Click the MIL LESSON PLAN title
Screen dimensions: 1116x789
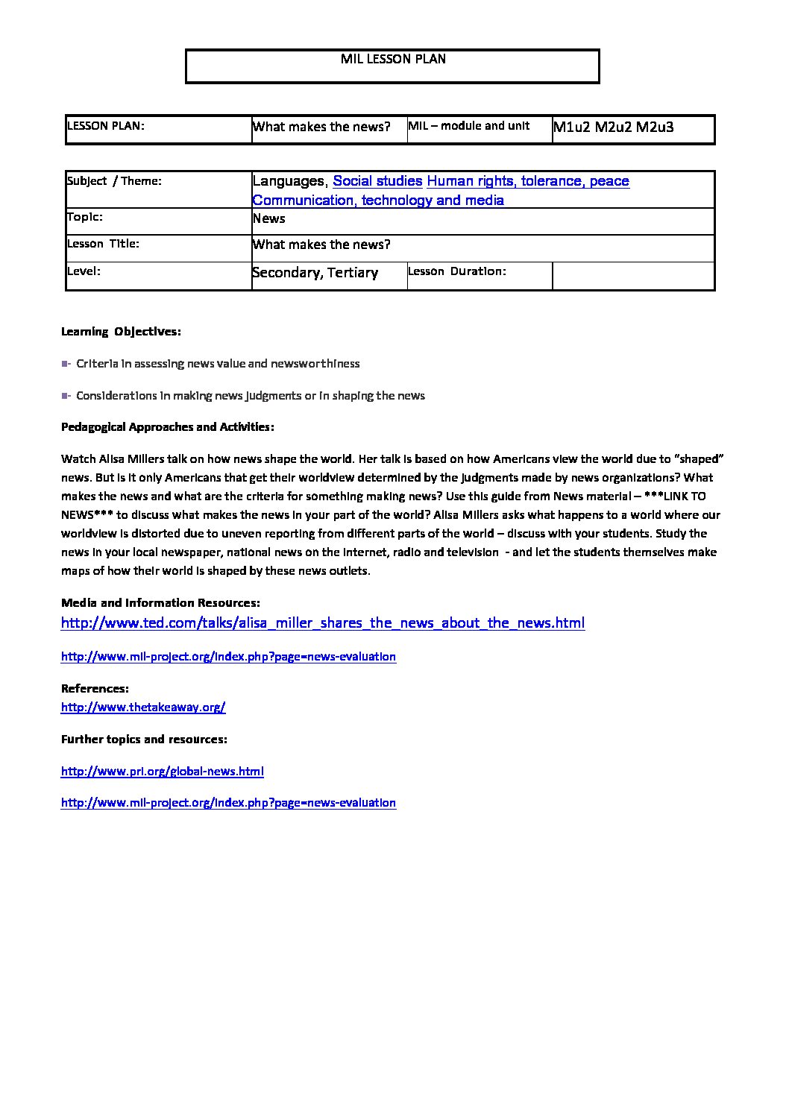[393, 59]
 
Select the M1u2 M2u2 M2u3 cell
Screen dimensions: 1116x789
[613, 127]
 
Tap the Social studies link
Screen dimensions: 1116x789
[377, 181]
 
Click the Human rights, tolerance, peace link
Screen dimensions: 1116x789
[528, 181]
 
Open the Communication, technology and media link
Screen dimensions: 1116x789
[378, 201]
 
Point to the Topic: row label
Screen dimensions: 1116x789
[85, 218]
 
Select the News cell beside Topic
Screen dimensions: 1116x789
[269, 219]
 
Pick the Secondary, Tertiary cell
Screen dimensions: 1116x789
[315, 273]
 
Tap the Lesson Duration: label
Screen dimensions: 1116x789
[457, 271]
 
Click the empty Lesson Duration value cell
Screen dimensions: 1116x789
[633, 275]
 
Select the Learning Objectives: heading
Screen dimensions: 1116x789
[121, 332]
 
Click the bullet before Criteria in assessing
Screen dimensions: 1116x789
[66, 364]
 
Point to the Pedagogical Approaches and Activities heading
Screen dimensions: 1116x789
[168, 427]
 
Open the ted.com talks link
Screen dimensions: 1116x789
[323, 623]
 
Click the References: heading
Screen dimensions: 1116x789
[95, 689]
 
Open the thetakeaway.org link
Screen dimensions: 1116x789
[143, 707]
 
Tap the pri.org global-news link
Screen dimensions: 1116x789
[162, 772]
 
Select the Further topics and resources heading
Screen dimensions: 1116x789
[144, 740]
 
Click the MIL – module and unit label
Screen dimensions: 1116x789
[468, 126]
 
